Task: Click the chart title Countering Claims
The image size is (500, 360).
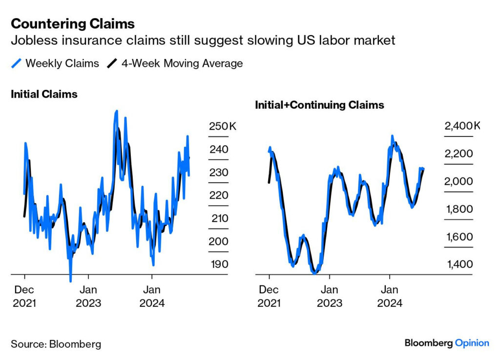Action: [x=73, y=23]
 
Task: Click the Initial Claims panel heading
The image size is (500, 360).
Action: [x=44, y=94]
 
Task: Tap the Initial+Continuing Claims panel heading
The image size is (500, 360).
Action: [x=319, y=105]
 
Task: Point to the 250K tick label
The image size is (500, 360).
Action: [x=222, y=126]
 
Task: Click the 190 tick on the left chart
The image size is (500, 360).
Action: [x=219, y=264]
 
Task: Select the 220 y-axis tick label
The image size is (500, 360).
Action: [x=219, y=195]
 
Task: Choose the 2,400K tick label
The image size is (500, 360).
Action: [x=462, y=126]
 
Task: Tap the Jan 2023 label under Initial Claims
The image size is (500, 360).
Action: [x=88, y=296]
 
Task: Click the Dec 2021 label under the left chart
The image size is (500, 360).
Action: [x=24, y=296]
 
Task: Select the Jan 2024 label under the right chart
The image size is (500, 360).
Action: [x=390, y=296]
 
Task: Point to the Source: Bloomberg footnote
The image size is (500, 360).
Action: [x=56, y=344]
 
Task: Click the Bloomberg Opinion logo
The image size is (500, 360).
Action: [x=446, y=343]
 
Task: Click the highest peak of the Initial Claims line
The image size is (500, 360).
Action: [x=116, y=111]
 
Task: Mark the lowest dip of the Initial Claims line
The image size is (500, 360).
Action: [x=71, y=281]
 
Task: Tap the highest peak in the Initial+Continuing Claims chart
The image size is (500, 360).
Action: [x=392, y=136]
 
